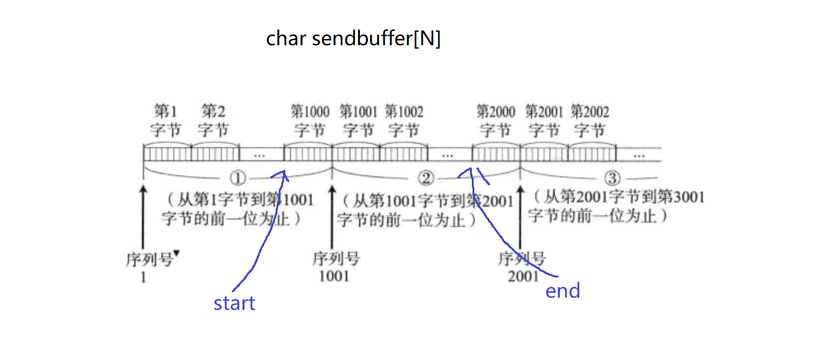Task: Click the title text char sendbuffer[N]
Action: pyautogui.click(x=353, y=39)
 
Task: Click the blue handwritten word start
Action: pyautogui.click(x=234, y=303)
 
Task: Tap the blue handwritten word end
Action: pyautogui.click(x=562, y=291)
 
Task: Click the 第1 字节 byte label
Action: pyautogui.click(x=166, y=120)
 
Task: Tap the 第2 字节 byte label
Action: pyautogui.click(x=213, y=120)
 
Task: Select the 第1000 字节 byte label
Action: pyautogui.click(x=310, y=120)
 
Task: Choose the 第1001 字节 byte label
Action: pyautogui.click(x=358, y=120)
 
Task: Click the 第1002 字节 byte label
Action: pyautogui.click(x=404, y=120)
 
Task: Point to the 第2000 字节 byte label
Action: pyautogui.click(x=496, y=120)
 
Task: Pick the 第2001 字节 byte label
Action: pyautogui.click(x=544, y=120)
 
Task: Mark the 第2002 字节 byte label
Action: pyautogui.click(x=590, y=120)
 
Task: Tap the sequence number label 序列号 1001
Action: pyautogui.click(x=335, y=267)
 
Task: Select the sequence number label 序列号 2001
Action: pyautogui.click(x=521, y=267)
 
